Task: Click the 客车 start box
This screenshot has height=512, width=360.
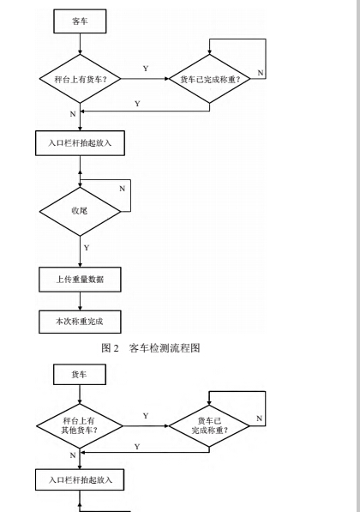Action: click(80, 21)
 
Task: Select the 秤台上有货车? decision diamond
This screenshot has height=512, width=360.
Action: click(80, 79)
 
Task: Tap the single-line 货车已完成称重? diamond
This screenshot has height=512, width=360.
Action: click(209, 79)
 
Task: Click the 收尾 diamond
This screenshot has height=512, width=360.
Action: click(80, 211)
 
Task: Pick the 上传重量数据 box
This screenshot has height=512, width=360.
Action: click(80, 280)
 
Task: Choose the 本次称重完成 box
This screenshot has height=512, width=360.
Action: click(80, 322)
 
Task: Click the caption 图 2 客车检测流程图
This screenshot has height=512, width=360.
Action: click(151, 348)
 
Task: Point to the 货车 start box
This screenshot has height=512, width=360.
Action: click(80, 375)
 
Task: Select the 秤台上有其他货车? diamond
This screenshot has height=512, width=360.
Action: click(80, 425)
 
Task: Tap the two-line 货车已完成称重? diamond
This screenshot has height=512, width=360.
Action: click(209, 425)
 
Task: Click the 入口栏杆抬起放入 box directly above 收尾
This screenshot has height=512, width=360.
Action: click(80, 143)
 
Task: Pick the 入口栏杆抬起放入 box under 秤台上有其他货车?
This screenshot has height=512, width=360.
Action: click(80, 479)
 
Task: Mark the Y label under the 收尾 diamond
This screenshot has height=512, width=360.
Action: click(87, 248)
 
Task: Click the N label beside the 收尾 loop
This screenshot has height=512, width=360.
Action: click(122, 189)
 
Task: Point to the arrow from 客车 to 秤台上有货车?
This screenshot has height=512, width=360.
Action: click(80, 44)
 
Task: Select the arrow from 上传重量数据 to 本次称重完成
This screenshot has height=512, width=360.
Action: click(80, 301)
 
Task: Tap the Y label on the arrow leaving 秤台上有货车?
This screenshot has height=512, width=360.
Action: click(146, 69)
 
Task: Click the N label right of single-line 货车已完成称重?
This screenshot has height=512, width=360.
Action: click(260, 73)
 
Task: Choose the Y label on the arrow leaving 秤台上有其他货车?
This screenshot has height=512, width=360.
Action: click(146, 416)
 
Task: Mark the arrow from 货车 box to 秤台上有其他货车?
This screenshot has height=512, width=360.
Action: click(80, 395)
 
